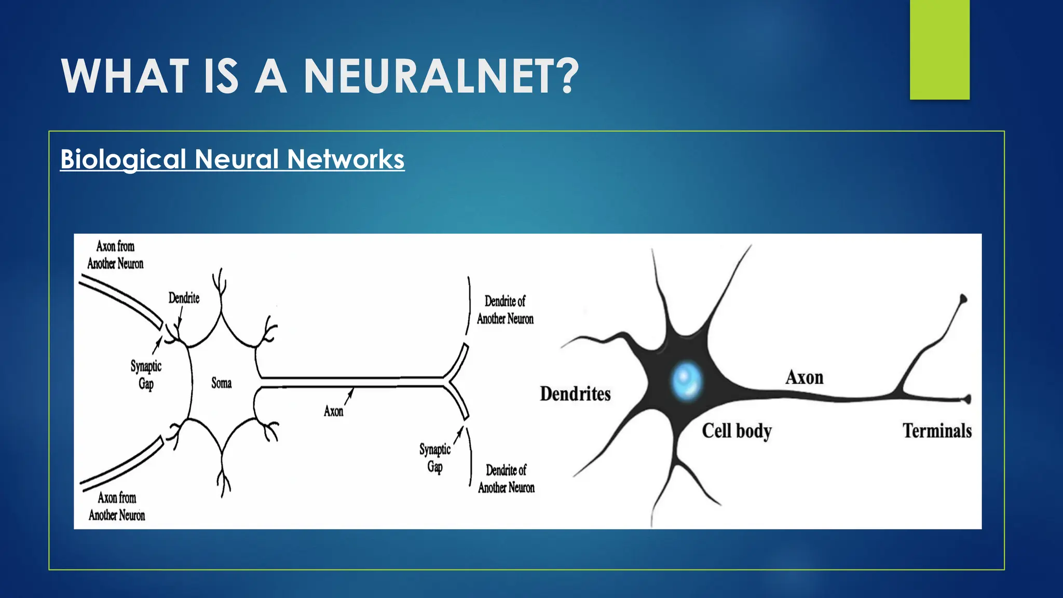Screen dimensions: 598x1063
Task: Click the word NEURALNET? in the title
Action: [441, 76]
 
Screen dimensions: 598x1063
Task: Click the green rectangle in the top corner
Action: [939, 49]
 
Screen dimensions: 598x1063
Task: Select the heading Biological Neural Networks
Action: [232, 159]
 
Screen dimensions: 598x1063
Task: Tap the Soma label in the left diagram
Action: [221, 383]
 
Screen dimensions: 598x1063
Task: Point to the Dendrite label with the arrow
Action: [184, 298]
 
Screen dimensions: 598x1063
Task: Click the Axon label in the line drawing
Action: [333, 412]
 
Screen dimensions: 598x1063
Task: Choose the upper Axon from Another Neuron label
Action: [115, 255]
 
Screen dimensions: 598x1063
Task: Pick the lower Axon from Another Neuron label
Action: [117, 506]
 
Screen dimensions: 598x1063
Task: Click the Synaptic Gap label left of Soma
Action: [146, 375]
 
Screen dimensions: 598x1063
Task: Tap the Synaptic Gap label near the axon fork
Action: [435, 458]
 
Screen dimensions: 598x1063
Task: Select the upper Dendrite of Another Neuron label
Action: [505, 310]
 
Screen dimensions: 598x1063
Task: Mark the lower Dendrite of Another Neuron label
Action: [506, 479]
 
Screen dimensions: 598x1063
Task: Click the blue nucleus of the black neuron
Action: [686, 380]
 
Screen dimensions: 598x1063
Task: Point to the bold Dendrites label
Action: [575, 394]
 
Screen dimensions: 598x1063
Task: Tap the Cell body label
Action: [737, 431]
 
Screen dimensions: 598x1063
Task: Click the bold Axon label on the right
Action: [804, 377]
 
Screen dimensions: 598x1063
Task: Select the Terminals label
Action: [937, 431]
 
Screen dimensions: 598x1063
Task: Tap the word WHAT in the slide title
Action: [125, 76]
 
